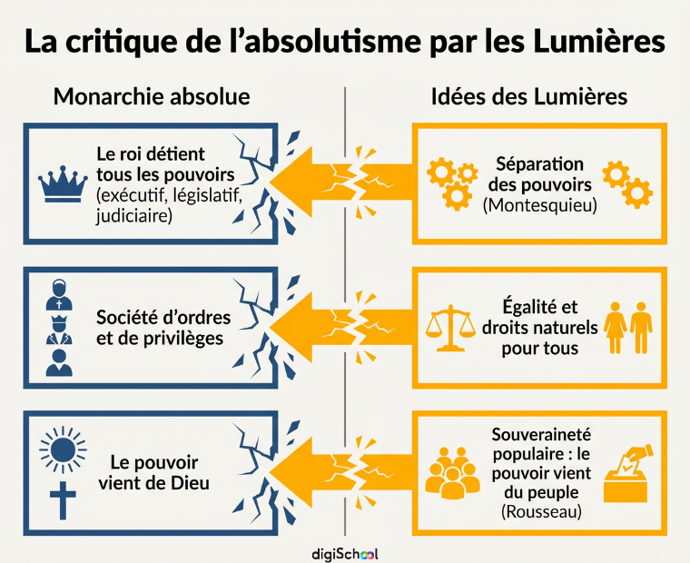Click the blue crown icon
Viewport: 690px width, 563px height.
pyautogui.click(x=63, y=184)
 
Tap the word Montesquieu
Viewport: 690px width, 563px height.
pyautogui.click(x=540, y=205)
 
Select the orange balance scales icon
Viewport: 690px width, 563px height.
pyautogui.click(x=450, y=328)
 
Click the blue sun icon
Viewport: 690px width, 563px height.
pyautogui.click(x=63, y=449)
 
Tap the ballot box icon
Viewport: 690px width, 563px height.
pyautogui.click(x=626, y=474)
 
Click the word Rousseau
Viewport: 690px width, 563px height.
pyautogui.click(x=541, y=512)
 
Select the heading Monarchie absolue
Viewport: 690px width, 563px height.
pyautogui.click(x=152, y=96)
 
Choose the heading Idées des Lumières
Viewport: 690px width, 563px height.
pyautogui.click(x=529, y=96)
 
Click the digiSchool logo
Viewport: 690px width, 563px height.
pyautogui.click(x=345, y=554)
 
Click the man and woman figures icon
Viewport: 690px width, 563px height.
pyautogui.click(x=628, y=328)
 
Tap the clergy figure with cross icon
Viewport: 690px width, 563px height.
pyautogui.click(x=59, y=295)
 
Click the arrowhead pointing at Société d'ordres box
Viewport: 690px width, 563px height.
pyautogui.click(x=291, y=329)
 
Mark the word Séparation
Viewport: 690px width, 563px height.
pyautogui.click(x=540, y=164)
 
